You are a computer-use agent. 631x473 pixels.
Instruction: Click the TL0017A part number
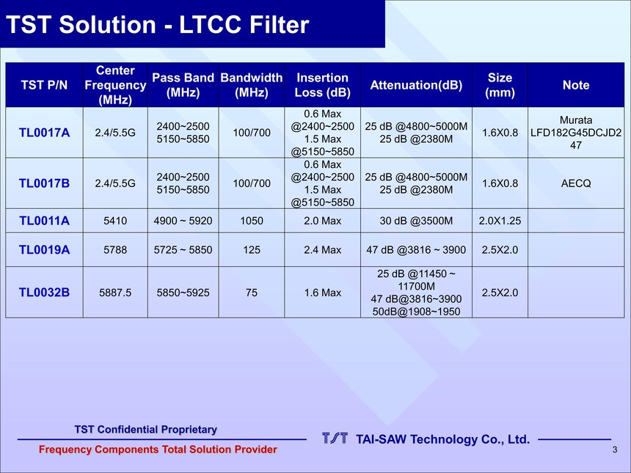44,132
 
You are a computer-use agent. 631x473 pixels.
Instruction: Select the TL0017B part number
44,183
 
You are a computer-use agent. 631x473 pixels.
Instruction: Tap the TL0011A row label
44,221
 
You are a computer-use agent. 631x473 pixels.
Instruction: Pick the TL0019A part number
44,250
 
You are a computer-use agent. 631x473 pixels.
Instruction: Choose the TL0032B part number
44,293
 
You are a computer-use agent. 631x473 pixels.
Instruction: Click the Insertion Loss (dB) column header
322,85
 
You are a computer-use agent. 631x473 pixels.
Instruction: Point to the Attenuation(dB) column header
416,85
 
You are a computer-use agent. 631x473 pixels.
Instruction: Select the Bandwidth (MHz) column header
252,85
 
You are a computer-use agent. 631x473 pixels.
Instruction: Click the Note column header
576,85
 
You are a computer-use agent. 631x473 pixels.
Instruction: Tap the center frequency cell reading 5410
115,221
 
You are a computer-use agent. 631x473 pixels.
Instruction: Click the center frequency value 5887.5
115,293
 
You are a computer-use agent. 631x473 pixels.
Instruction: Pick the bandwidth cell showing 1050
252,221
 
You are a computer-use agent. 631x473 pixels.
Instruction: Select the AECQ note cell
576,183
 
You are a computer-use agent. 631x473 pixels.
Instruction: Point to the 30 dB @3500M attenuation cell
416,221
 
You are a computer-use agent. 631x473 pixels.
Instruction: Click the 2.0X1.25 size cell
500,221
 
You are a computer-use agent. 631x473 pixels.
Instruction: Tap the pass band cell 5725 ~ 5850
183,250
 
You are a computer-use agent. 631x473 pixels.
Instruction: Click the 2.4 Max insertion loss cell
322,250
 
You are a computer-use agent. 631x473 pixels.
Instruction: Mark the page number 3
615,450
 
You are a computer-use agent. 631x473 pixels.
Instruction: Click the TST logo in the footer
335,439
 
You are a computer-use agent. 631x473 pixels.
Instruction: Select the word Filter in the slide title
280,24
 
